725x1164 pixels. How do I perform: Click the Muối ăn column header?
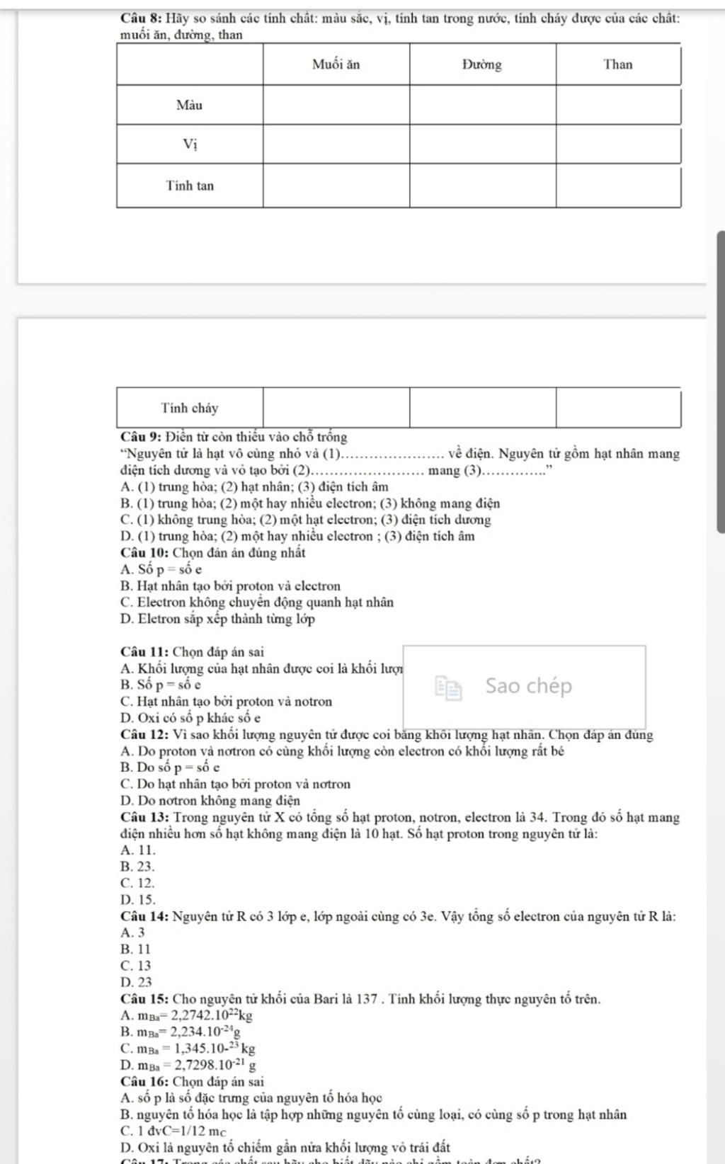pos(336,65)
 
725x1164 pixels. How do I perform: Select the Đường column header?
pos(482,65)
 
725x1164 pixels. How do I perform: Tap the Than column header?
pos(618,65)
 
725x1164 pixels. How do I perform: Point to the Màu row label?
pos(189,105)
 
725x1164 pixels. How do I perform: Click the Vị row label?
pos(189,145)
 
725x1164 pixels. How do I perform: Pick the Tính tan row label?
pos(189,186)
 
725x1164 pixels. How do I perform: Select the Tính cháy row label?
pos(189,408)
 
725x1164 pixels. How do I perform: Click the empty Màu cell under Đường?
pos(482,105)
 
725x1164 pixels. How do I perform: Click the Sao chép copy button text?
pos(529,685)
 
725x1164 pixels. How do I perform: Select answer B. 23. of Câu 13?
pos(137,866)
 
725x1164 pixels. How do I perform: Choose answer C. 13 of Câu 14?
pos(136,965)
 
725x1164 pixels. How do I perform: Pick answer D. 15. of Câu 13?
pos(137,899)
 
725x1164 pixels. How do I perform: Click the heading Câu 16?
pos(144,1081)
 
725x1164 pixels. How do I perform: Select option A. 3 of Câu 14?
pos(133,932)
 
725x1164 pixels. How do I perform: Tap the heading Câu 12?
pos(144,735)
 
